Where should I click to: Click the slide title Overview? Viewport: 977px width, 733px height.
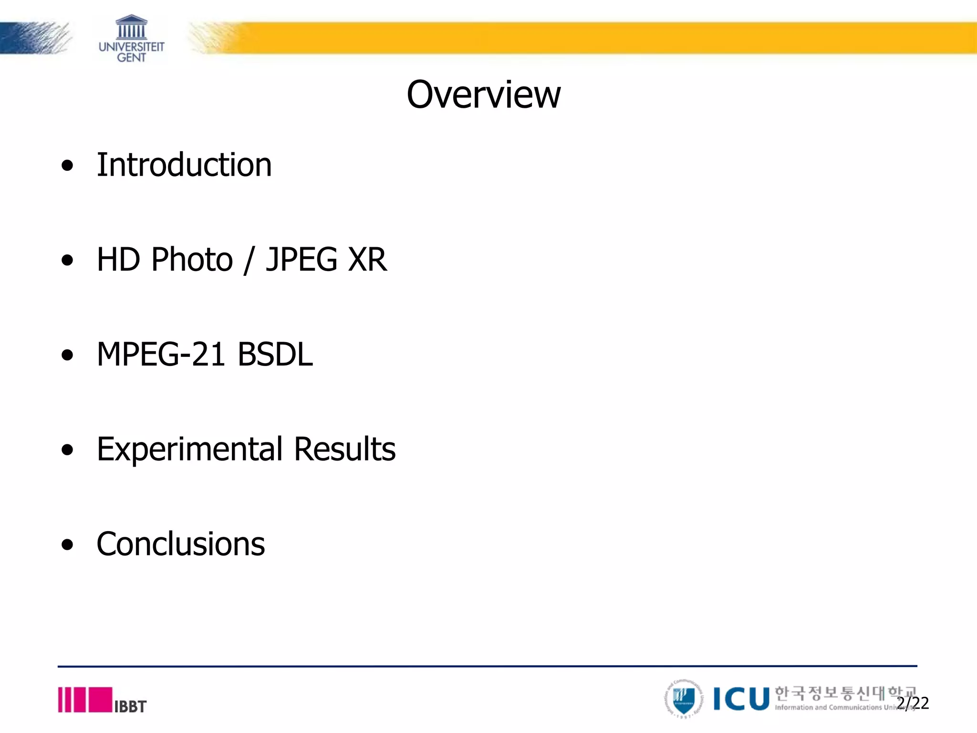(483, 94)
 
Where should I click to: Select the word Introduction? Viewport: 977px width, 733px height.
(184, 165)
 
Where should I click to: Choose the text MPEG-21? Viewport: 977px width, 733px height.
(161, 354)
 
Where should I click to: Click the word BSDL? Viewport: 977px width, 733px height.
(275, 354)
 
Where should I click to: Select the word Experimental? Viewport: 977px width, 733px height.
(190, 450)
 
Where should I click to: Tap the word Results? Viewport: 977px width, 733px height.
(344, 449)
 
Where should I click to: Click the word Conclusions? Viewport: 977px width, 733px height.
(181, 544)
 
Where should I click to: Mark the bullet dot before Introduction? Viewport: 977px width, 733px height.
(68, 166)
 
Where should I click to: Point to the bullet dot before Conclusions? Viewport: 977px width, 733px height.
(68, 545)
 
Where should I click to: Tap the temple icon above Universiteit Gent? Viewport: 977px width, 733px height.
(131, 27)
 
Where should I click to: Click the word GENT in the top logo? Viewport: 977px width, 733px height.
(131, 58)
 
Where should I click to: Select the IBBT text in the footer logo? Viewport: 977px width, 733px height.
(130, 706)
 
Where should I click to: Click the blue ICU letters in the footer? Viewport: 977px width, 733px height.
(741, 699)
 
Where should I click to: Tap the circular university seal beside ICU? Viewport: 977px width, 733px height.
(684, 699)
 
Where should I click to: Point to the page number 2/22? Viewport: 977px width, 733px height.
(913, 703)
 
